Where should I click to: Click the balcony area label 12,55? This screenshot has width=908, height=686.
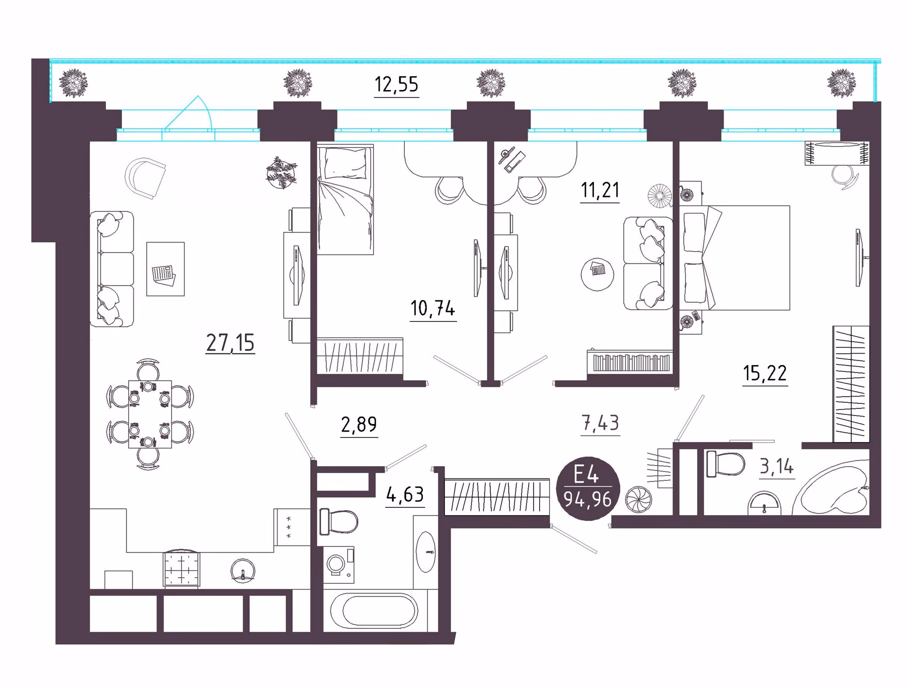click(x=396, y=85)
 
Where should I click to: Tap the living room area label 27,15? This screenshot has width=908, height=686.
click(x=230, y=343)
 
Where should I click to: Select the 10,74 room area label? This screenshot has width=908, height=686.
click(x=433, y=308)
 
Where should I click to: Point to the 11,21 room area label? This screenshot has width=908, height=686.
click(x=600, y=190)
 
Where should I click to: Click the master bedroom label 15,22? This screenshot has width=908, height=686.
click(x=765, y=373)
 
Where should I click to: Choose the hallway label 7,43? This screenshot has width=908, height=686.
click(x=600, y=423)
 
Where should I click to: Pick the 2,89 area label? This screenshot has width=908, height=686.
click(x=359, y=425)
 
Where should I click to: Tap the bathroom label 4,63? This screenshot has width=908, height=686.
click(x=405, y=495)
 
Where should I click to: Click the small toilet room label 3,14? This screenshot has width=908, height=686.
click(x=777, y=467)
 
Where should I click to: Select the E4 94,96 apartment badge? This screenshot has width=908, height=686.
click(x=588, y=489)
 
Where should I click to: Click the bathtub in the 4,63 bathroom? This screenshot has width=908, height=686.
click(x=374, y=610)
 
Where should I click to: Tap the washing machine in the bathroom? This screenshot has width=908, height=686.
click(x=339, y=565)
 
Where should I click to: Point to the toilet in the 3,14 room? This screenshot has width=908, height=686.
click(x=725, y=464)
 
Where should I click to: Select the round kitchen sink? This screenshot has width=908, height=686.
click(x=243, y=571)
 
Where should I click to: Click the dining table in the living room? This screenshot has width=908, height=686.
click(x=150, y=414)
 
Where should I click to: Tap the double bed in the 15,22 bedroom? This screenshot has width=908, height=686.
click(x=734, y=258)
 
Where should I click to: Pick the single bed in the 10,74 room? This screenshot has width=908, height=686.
click(x=345, y=200)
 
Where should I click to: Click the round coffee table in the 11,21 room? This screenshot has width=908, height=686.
click(x=597, y=274)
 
